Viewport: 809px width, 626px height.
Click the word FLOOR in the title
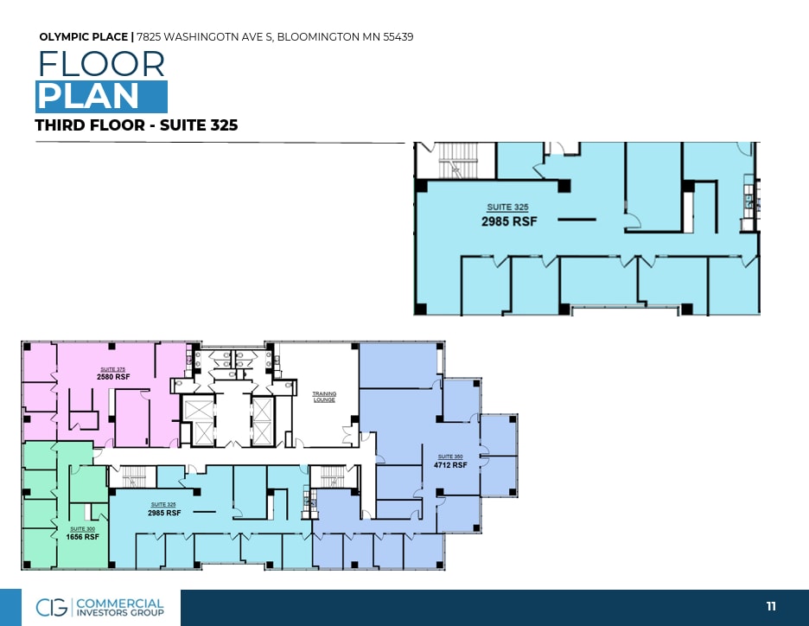coord(100,65)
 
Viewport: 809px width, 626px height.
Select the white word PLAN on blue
coord(87,96)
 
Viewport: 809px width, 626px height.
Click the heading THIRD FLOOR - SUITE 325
coord(136,125)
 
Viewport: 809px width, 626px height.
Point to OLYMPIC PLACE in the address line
coord(83,37)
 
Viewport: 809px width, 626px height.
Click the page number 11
coord(771,607)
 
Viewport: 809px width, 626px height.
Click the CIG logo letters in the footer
coord(53,607)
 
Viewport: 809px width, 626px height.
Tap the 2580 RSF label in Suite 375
coord(113,378)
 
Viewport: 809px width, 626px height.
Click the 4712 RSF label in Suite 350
coord(450,465)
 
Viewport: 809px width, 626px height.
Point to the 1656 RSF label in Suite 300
coord(82,537)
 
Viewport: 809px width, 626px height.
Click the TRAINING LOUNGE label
coord(324,397)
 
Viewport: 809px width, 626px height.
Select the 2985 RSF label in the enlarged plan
coord(509,221)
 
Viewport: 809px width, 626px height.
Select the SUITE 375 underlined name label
coord(113,369)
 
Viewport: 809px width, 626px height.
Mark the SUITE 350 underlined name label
coord(446,457)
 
